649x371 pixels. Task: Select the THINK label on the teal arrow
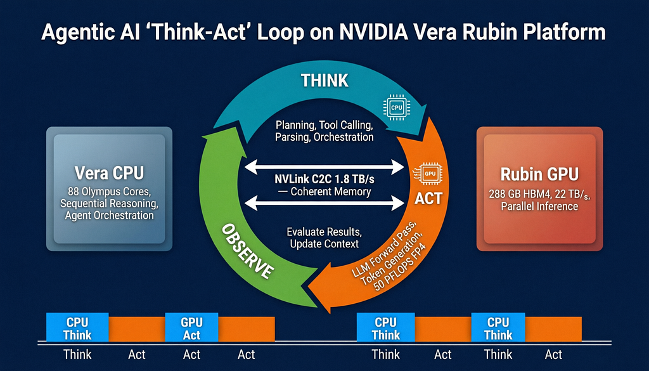tap(324, 81)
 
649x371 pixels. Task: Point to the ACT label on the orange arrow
tap(428, 199)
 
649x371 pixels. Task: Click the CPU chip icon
tap(397, 107)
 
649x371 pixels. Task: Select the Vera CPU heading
tap(109, 173)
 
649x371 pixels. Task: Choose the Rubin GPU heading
tap(539, 174)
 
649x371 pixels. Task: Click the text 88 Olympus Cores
tap(109, 192)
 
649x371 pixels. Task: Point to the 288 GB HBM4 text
tap(515, 194)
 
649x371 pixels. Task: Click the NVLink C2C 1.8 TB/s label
tap(324, 179)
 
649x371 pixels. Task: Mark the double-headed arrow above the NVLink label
tap(324, 167)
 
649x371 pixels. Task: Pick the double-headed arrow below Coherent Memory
tap(324, 204)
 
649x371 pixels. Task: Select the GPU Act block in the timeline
tap(191, 327)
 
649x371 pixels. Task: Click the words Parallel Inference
tap(539, 206)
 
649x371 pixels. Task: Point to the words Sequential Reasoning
tap(109, 204)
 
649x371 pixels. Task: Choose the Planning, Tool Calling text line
tap(324, 125)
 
